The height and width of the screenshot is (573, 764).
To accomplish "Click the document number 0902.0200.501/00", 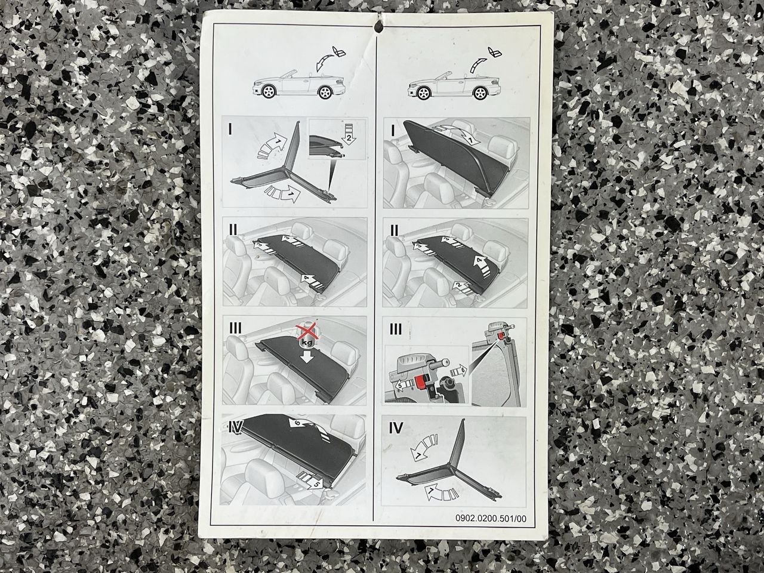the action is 491,528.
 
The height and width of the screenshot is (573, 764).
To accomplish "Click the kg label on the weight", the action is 307,343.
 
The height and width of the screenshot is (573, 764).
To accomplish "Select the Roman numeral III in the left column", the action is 235,328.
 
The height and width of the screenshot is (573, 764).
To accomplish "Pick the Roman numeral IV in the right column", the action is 396,428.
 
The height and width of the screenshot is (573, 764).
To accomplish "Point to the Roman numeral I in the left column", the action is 230,130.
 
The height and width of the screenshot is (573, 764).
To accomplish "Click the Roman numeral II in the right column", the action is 395,230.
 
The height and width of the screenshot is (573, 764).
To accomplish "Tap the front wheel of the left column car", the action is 269,91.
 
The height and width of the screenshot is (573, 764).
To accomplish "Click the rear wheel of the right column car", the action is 480,93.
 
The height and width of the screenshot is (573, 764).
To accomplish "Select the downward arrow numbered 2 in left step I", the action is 349,134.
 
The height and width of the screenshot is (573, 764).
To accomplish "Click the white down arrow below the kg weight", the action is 306,357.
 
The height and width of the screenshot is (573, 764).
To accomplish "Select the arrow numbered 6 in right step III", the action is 458,372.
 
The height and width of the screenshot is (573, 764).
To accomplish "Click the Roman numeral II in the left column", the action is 233,230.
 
